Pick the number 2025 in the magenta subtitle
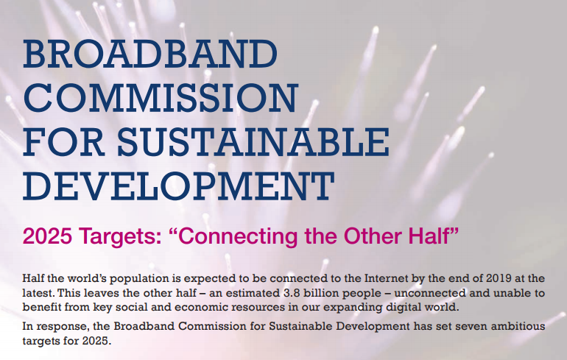[x=46, y=238]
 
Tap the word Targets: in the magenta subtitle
[x=121, y=238]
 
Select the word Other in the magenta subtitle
[x=367, y=238]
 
